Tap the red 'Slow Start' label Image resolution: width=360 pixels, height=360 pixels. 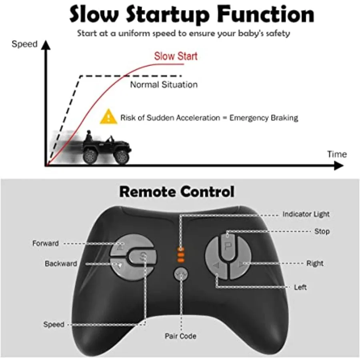[176, 56]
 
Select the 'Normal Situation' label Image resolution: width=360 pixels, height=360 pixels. [164, 84]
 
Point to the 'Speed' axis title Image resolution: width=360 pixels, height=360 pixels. [24, 44]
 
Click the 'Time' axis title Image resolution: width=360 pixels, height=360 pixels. [336, 154]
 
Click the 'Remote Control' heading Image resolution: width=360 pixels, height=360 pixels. [176, 192]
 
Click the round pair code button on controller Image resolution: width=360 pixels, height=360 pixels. [181, 274]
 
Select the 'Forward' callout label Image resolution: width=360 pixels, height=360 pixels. [46, 243]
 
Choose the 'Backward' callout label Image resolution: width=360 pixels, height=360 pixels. [61, 264]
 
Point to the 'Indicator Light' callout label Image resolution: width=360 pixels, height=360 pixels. [306, 214]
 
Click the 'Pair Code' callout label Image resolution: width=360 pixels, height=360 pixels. [180, 336]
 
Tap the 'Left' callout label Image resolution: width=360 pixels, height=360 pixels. [300, 287]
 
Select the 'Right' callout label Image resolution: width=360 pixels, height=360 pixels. [315, 263]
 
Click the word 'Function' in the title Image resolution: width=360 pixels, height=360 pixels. [265, 14]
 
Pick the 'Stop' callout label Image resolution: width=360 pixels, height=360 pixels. [322, 231]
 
